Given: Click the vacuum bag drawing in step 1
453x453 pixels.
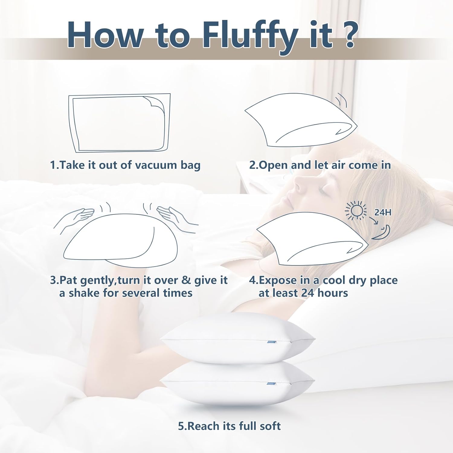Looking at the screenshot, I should coord(119,123).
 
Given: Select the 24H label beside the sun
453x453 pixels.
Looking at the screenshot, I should coord(383,213).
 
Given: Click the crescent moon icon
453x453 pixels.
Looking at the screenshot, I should coord(382,233).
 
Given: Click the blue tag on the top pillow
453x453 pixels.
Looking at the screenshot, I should coord(271,342).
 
